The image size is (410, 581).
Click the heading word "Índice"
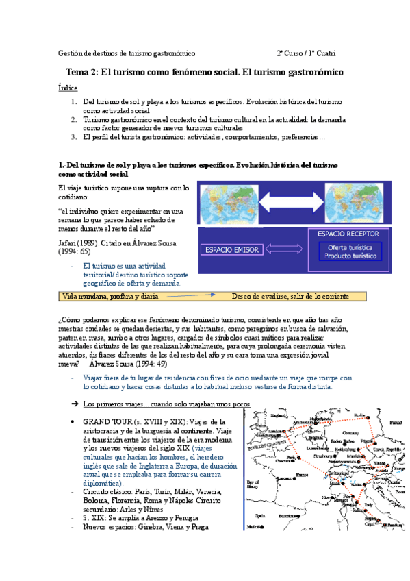68,88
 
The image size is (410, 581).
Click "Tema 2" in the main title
83,73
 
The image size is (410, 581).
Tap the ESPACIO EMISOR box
231,250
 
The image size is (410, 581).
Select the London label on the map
277,432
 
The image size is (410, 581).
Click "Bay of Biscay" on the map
253,484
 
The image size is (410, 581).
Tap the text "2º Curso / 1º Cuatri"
306,53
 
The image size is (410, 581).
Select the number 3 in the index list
74,137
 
